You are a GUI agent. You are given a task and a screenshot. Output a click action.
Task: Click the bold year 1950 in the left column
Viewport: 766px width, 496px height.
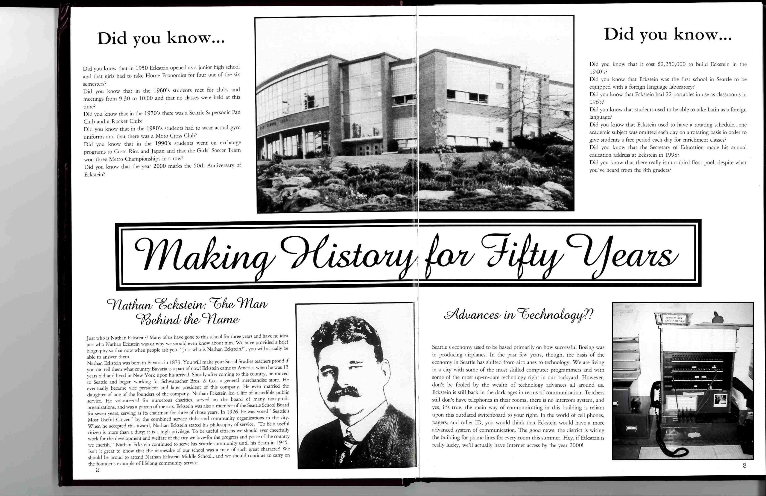(142, 68)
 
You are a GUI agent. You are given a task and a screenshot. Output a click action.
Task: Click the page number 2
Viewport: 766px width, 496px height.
(98, 470)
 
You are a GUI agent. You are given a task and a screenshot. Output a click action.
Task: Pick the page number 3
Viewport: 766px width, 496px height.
(744, 465)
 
